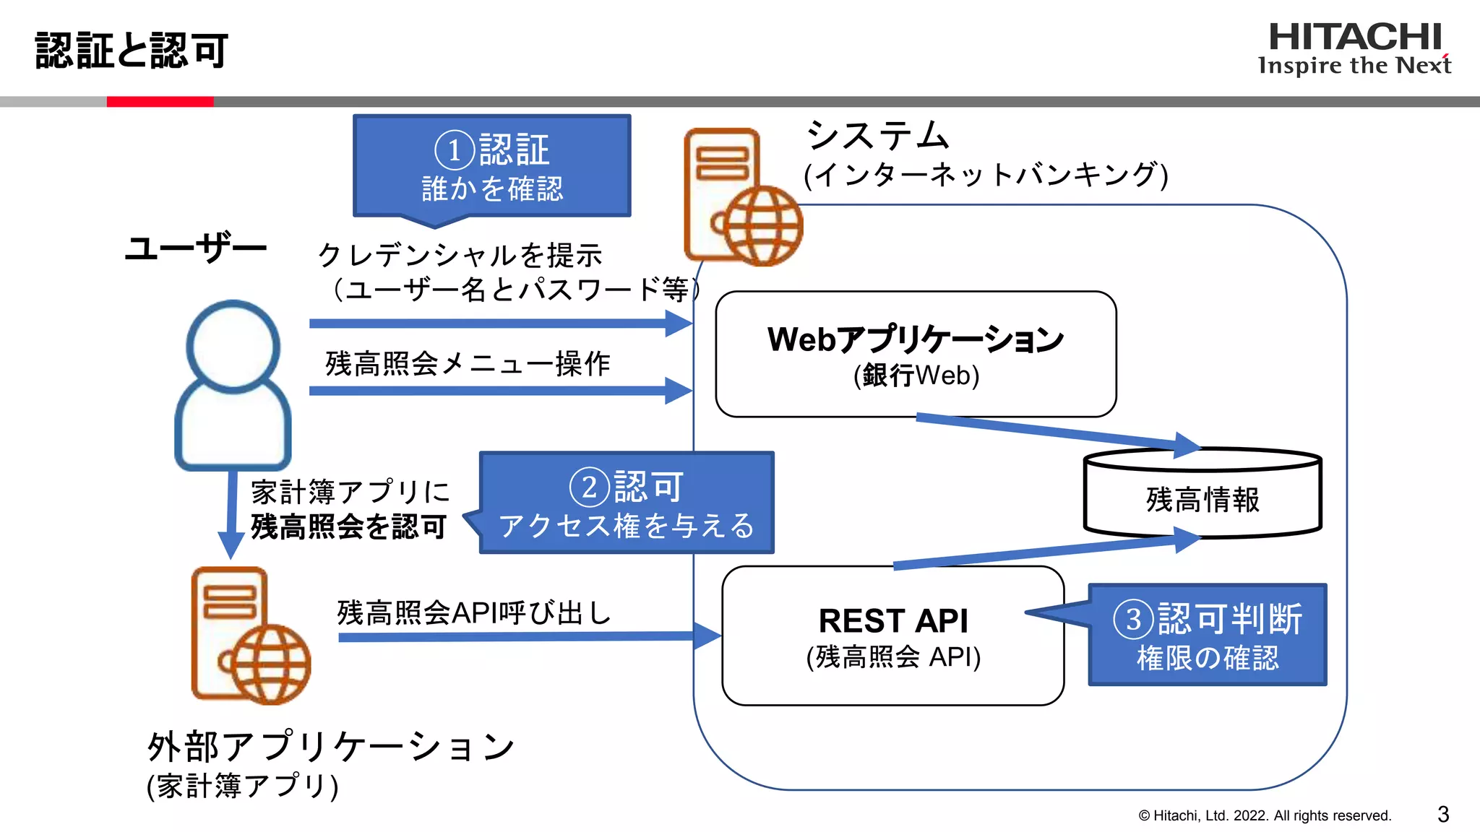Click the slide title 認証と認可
click(132, 51)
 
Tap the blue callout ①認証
click(491, 166)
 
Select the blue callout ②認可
click(626, 503)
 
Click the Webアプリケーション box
click(916, 354)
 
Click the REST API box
click(893, 636)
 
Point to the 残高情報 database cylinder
click(1202, 498)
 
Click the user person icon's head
click(233, 347)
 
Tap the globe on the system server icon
click(762, 225)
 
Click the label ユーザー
click(196, 248)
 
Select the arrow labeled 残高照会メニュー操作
click(499, 391)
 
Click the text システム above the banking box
click(877, 136)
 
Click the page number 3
click(1443, 814)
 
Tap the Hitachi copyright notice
click(1265, 815)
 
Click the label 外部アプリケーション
click(330, 746)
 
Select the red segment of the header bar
click(160, 102)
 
